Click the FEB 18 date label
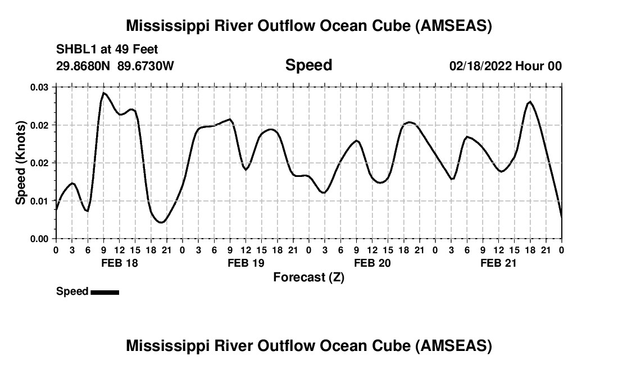[119, 263]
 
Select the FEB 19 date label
[246, 263]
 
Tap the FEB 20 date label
[372, 263]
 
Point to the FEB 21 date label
[498, 263]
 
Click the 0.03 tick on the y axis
[39, 87]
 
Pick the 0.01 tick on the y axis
[39, 201]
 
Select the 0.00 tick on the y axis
[39, 239]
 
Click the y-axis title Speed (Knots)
[21, 162]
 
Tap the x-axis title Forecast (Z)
[308, 277]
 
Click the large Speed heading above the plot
[308, 65]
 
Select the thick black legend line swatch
[104, 292]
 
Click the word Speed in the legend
[72, 291]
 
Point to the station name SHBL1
[74, 49]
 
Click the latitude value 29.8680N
[84, 66]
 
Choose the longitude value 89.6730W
[146, 66]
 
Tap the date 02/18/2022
[480, 66]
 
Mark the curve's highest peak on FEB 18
[103, 93]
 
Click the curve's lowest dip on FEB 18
[161, 222]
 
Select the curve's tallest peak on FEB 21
[530, 102]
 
